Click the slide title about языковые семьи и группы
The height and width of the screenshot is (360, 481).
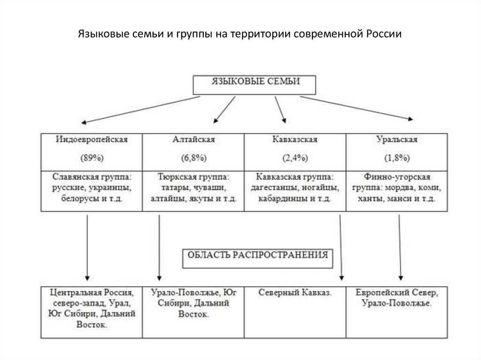[x=240, y=35]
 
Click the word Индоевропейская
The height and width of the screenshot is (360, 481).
[x=92, y=139]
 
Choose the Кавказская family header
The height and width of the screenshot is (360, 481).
[x=295, y=139]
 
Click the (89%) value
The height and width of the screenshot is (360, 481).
[x=92, y=158]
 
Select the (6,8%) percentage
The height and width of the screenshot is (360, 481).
[x=193, y=158]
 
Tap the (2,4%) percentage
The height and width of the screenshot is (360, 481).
[x=295, y=158]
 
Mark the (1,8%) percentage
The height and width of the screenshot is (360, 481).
[x=397, y=158]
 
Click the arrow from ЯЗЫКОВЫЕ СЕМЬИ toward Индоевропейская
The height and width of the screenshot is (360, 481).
[x=141, y=110]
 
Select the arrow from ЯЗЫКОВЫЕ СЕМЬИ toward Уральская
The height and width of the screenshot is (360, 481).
[x=357, y=108]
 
